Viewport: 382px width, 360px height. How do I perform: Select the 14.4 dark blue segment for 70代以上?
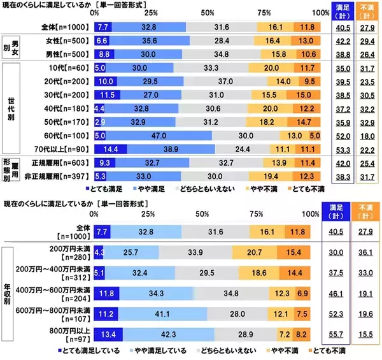[110, 149]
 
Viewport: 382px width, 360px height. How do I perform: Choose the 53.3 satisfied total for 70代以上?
[344, 149]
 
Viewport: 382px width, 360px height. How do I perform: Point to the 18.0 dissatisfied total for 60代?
[367, 135]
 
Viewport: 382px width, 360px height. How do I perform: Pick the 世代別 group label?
[11, 108]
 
